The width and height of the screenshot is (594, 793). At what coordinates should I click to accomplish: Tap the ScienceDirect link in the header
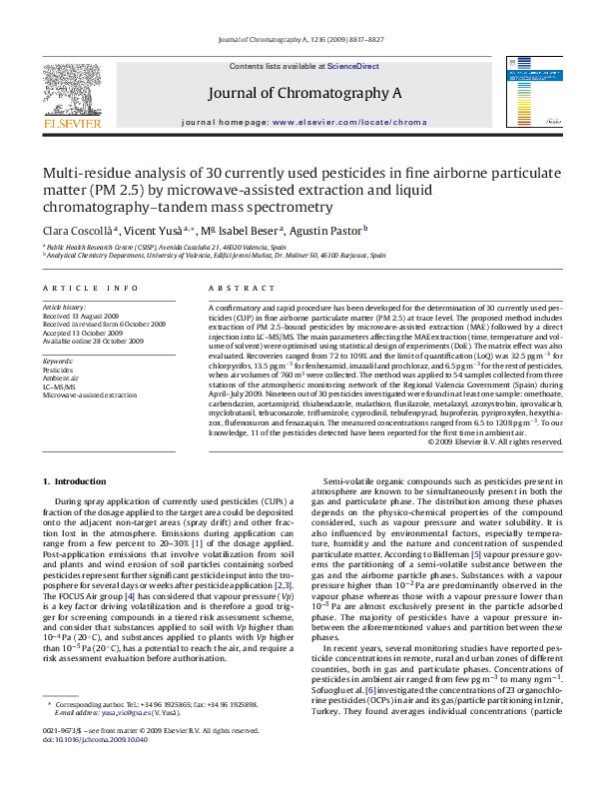point(353,66)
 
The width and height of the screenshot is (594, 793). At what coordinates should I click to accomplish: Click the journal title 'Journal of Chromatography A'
point(304,93)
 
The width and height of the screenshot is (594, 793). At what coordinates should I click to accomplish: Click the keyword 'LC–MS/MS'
point(63,387)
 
